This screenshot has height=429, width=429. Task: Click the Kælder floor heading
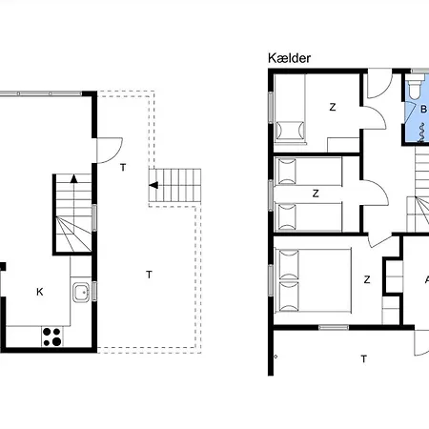point(289,58)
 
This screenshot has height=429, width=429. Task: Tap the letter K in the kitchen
point(40,292)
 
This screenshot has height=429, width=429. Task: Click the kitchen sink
point(81,293)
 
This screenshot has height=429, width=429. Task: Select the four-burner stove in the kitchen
point(52,337)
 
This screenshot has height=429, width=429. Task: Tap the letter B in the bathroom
point(423,110)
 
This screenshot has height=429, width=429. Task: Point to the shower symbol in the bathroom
point(421,133)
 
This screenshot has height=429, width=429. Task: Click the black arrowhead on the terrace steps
point(153,185)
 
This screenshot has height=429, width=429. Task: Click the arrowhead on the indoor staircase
point(74,178)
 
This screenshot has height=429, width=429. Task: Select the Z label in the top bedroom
point(333,107)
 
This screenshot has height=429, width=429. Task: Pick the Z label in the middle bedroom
point(316,194)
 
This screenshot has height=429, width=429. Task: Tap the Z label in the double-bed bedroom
point(367,279)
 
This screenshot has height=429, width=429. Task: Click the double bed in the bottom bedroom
point(315,280)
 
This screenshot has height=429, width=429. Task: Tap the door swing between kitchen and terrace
point(110,151)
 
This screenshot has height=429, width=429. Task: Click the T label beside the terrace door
point(123,167)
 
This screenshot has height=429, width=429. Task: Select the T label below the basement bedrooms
point(364,359)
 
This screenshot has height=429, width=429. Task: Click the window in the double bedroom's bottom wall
point(334,327)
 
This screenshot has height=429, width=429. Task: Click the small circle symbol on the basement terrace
point(276,357)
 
